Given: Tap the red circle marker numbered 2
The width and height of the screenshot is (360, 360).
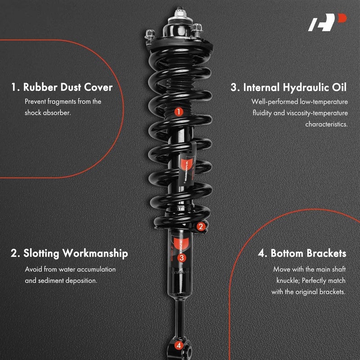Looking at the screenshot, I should [201, 227].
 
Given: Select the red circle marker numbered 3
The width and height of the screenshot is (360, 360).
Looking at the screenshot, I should [181, 258].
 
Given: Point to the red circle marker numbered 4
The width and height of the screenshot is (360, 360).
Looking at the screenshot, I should [179, 346].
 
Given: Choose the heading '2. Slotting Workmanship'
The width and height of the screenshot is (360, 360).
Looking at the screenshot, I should [69, 253].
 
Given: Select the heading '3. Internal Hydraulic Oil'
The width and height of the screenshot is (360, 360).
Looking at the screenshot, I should [289, 87].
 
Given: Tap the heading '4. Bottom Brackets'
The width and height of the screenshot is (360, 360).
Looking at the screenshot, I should [302, 253].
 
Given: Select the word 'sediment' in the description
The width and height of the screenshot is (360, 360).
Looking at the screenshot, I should [52, 280].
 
